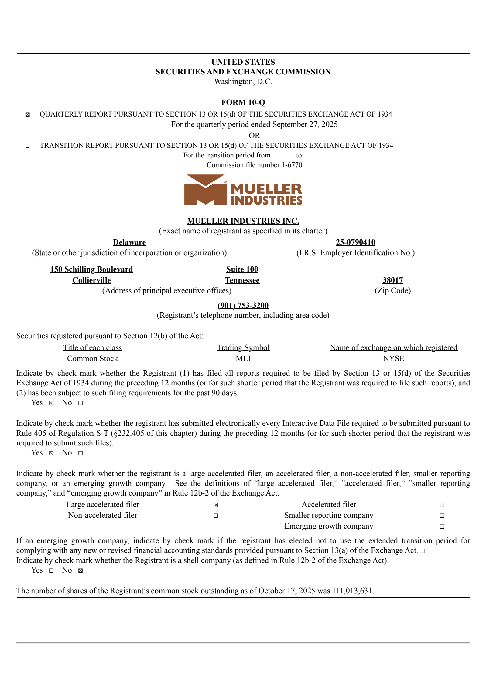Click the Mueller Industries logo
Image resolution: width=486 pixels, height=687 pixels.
pyautogui.click(x=243, y=190)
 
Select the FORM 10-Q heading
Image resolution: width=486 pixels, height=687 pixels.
pyautogui.click(x=243, y=102)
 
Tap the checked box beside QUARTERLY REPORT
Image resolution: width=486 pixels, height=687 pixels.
pyautogui.click(x=28, y=115)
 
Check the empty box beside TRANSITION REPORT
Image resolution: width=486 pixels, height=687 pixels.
pyautogui.click(x=28, y=146)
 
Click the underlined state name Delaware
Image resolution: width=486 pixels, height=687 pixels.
pyautogui.click(x=129, y=242)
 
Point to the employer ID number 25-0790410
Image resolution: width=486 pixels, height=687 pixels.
pyautogui.click(x=355, y=242)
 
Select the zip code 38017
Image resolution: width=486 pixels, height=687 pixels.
pyautogui.click(x=392, y=280)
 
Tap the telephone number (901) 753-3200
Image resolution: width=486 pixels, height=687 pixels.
pyautogui.click(x=243, y=305)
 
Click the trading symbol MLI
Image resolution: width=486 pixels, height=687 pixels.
pyautogui.click(x=243, y=359)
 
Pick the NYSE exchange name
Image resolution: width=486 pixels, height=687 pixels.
pyautogui.click(x=393, y=359)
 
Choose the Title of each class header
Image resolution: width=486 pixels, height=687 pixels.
pyautogui.click(x=93, y=348)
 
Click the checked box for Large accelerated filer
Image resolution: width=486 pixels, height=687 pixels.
pyautogui.click(x=216, y=505)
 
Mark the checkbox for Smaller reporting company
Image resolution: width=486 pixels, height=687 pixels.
pyautogui.click(x=442, y=516)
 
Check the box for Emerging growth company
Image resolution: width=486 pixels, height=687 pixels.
pyautogui.click(x=442, y=526)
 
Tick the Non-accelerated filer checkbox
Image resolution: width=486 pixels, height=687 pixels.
pyautogui.click(x=216, y=516)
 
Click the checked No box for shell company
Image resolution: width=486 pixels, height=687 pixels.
pyautogui.click(x=80, y=570)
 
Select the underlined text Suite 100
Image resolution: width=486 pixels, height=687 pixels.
pyautogui.click(x=242, y=269)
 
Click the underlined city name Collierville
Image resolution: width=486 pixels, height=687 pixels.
pyautogui.click(x=91, y=280)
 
